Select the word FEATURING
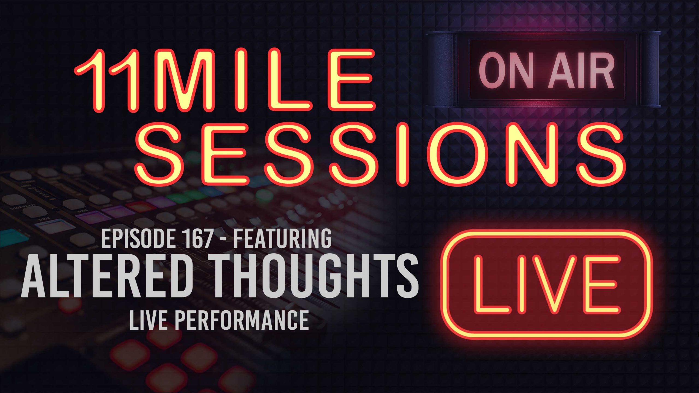click(282, 239)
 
